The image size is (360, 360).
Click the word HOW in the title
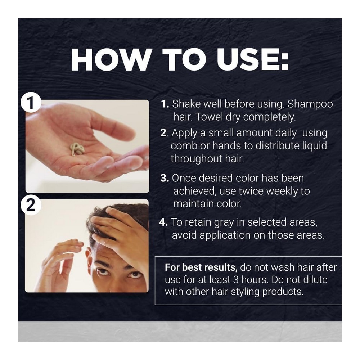click(110, 59)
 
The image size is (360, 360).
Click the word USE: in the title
click(252, 59)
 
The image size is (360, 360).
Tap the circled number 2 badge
click(31, 205)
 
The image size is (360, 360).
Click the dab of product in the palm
click(77, 148)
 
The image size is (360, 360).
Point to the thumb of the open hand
click(115, 129)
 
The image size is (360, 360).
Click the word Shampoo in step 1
click(310, 104)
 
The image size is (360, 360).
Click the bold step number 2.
click(164, 133)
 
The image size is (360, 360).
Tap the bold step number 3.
click(165, 178)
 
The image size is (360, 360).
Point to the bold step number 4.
click(163, 222)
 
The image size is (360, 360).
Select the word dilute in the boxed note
click(315, 279)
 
